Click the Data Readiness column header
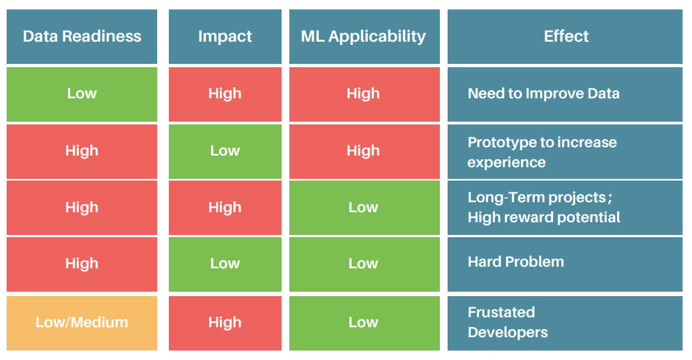(x=82, y=37)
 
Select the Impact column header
(x=225, y=37)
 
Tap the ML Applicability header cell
(x=364, y=37)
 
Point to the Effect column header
(x=565, y=37)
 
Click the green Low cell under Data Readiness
(x=82, y=94)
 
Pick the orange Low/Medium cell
(x=82, y=323)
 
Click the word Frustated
(x=501, y=312)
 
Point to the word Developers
(x=507, y=333)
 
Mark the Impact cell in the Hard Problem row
(x=225, y=264)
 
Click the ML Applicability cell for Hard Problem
(x=364, y=264)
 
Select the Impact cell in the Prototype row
(x=225, y=151)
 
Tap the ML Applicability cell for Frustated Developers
(x=364, y=323)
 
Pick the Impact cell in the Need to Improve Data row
(x=225, y=94)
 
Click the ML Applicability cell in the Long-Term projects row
(x=364, y=208)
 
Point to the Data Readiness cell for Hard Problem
(x=82, y=264)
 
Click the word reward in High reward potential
(x=529, y=217)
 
